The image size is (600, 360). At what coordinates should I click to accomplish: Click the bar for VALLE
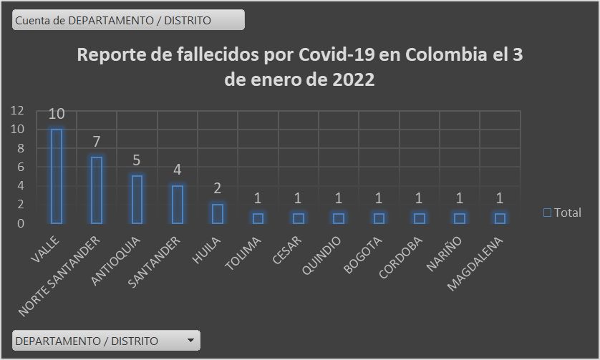click(x=56, y=176)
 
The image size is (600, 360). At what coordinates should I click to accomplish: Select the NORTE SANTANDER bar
click(x=96, y=190)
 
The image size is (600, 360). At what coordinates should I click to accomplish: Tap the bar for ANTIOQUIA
click(x=137, y=199)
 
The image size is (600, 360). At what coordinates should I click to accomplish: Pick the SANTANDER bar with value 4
click(x=177, y=204)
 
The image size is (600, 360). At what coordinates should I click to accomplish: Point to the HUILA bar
click(x=218, y=213)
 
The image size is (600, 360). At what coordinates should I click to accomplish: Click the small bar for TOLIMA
click(x=258, y=218)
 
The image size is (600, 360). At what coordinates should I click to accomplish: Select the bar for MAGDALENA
click(x=500, y=218)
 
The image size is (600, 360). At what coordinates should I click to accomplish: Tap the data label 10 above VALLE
click(x=57, y=115)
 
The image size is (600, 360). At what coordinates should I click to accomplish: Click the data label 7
click(x=97, y=142)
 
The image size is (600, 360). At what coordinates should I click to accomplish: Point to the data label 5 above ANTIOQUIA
click(x=137, y=160)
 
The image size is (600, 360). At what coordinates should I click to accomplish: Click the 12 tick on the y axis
click(x=17, y=110)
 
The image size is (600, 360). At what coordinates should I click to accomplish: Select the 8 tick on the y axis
click(x=21, y=148)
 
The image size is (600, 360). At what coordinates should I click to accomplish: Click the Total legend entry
click(x=563, y=213)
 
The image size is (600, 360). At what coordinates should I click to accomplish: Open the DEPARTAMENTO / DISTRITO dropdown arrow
click(x=190, y=341)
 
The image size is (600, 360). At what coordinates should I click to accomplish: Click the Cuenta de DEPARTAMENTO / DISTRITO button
click(x=128, y=20)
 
